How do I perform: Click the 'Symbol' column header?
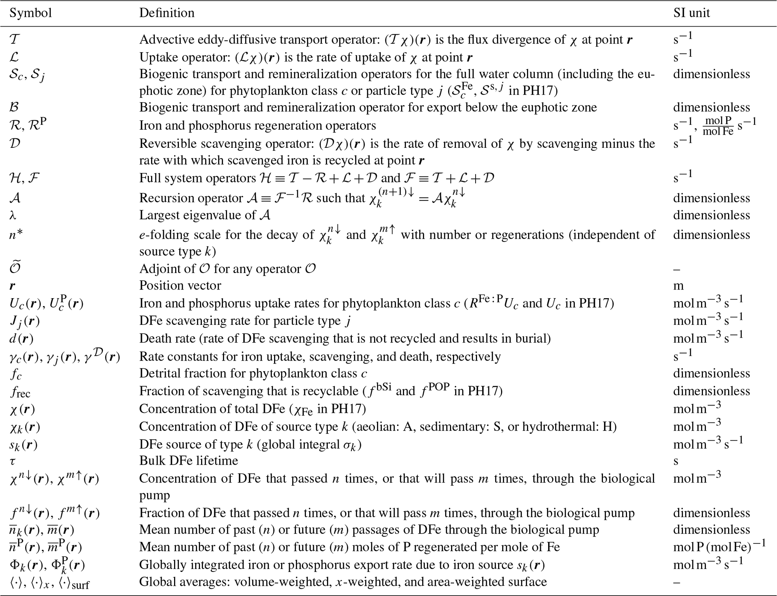pos(30,13)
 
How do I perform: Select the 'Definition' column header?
pos(167,13)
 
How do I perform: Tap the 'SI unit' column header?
pos(691,13)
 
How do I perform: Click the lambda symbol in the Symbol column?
pos(13,215)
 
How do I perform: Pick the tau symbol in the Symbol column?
pos(13,461)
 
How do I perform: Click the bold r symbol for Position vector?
pos(12,286)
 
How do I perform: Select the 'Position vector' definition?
pos(180,285)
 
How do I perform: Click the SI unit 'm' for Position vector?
pos(678,286)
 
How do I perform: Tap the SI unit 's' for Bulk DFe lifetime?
pos(676,461)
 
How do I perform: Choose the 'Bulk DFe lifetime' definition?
pos(189,461)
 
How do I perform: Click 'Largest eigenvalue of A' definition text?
pos(205,215)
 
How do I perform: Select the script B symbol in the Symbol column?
pos(14,107)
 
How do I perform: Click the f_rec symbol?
pos(20,392)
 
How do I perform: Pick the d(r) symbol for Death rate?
pos(21,339)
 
